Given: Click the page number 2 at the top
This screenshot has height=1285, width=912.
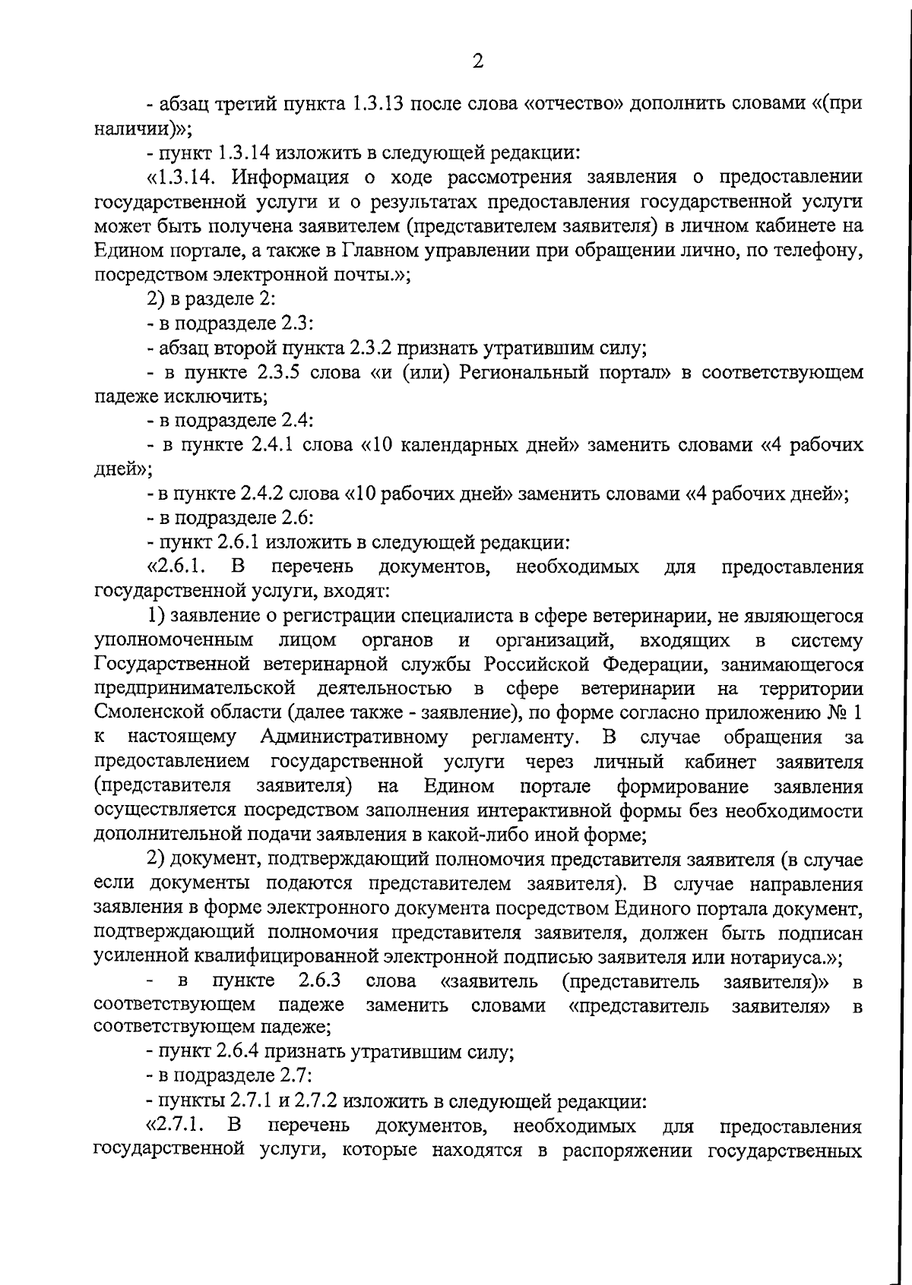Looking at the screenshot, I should point(477,62).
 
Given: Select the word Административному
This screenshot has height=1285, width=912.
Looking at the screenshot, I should point(353,737).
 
